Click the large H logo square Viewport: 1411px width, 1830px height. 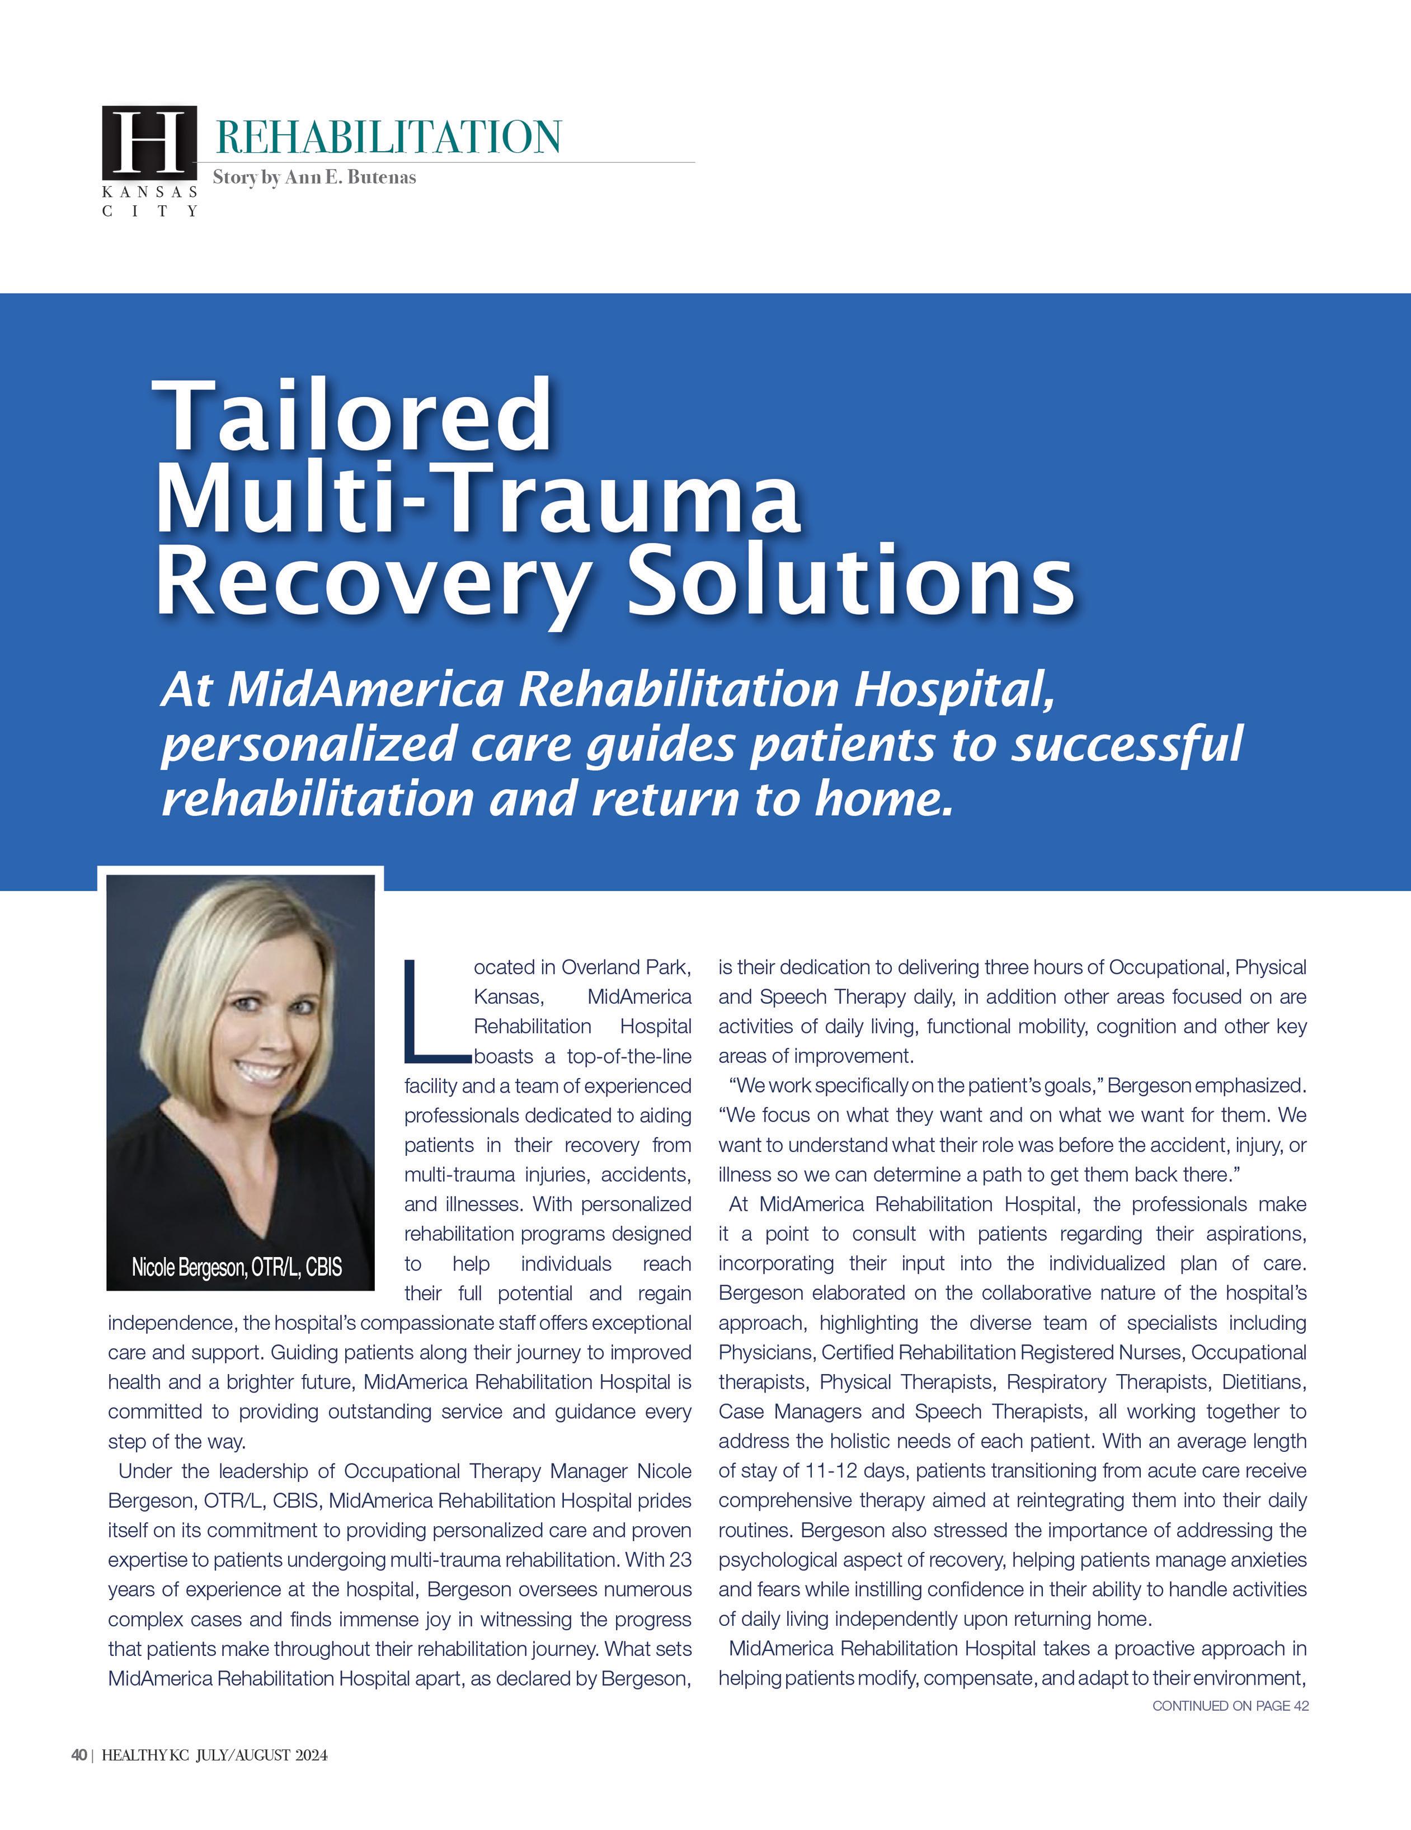[x=150, y=141]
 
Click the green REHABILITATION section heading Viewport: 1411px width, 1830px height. [x=388, y=138]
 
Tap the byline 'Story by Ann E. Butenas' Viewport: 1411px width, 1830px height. [x=314, y=178]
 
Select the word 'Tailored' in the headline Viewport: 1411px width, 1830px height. [x=352, y=416]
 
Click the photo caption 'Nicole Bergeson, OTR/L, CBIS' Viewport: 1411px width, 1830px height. [x=237, y=1267]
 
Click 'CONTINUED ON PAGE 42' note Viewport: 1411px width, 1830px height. [x=1230, y=1705]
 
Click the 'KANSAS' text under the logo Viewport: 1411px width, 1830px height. [x=150, y=192]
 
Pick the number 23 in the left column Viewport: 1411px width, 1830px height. [x=680, y=1560]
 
